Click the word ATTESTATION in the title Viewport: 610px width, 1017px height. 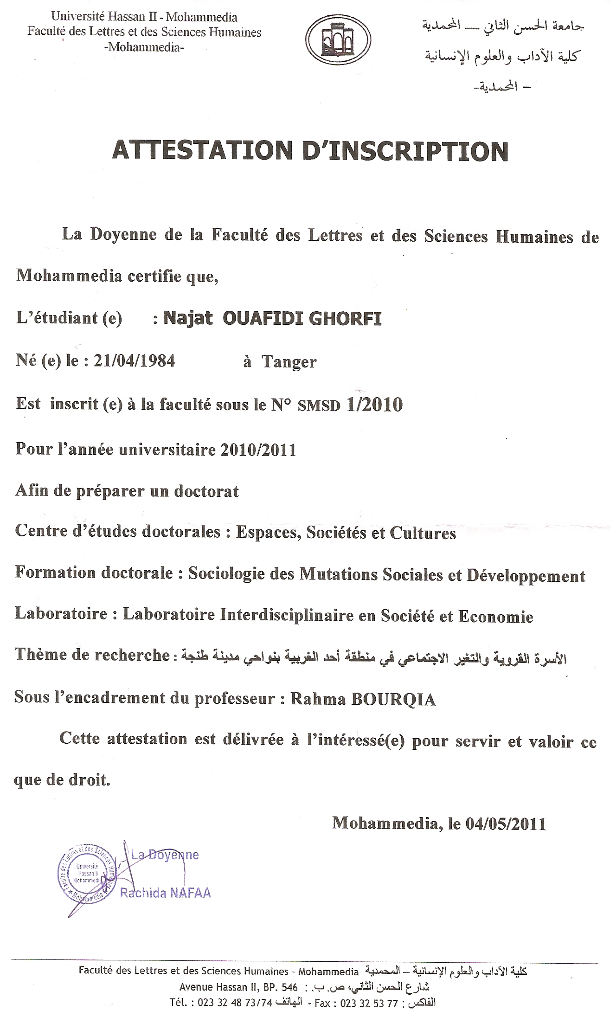pos(202,151)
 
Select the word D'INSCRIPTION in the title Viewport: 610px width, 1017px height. pos(405,151)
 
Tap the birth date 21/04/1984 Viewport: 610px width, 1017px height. pos(135,360)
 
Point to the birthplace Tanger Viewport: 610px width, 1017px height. pos(289,362)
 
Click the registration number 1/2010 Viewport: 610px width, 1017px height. pos(374,405)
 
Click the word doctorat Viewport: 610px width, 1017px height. pos(200,491)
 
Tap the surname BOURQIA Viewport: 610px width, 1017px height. pos(393,699)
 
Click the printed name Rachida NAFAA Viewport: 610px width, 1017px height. pos(166,893)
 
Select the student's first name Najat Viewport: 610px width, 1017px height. pos(188,319)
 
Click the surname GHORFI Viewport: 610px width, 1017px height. pos(345,319)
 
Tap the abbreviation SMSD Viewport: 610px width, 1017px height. pos(319,406)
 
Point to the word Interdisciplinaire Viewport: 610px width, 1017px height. pos(287,615)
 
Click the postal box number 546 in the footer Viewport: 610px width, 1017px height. pos(289,987)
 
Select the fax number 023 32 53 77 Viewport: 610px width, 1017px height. pos(369,1003)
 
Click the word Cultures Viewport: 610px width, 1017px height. pos(423,533)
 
